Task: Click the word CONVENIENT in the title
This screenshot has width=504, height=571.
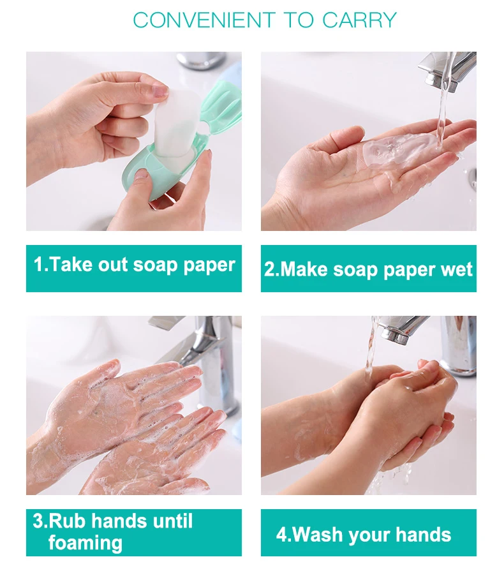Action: pos(204,20)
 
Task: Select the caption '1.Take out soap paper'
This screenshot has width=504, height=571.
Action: pos(134,265)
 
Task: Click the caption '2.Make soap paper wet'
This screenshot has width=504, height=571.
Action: pos(368,269)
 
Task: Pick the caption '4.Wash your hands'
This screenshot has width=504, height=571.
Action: pos(368,534)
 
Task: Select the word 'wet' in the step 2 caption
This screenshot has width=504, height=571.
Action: pos(456,269)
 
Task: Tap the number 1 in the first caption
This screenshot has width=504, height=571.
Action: pos(38,265)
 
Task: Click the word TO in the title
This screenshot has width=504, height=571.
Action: pos(298,20)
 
